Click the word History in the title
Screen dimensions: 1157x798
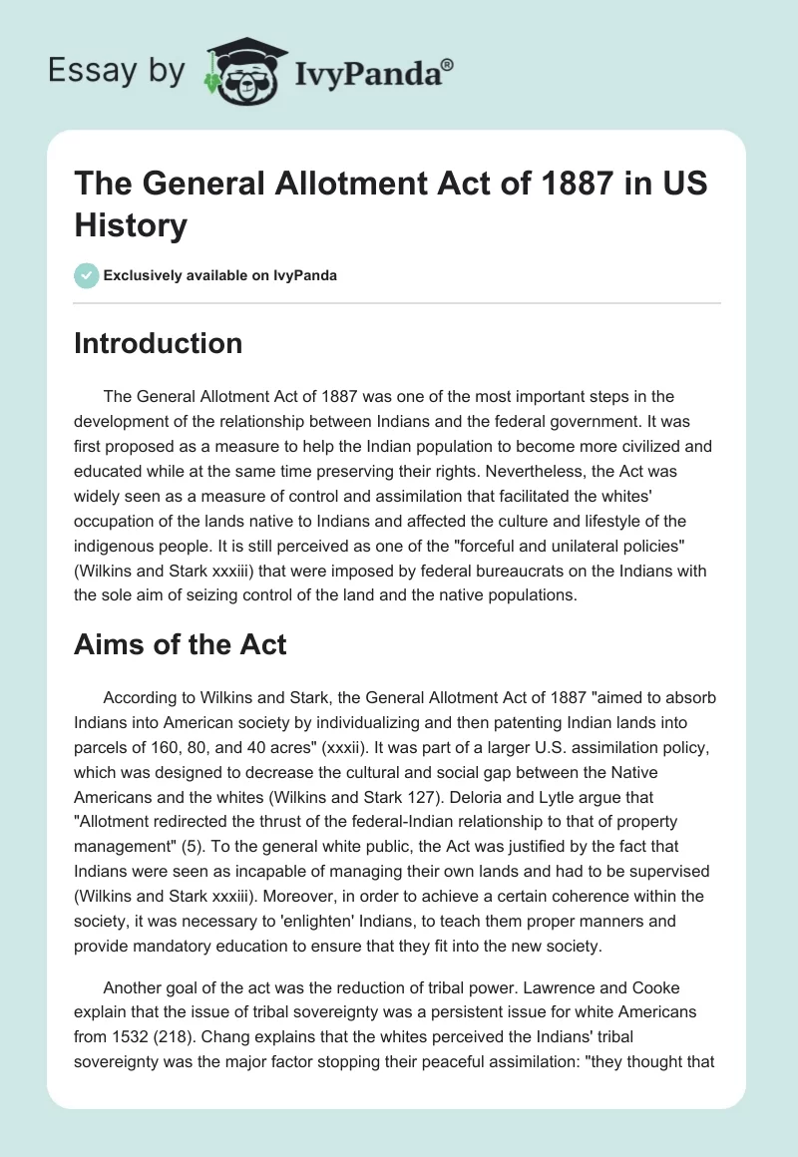131,225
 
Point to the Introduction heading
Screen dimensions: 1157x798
159,343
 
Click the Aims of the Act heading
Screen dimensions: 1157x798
181,644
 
